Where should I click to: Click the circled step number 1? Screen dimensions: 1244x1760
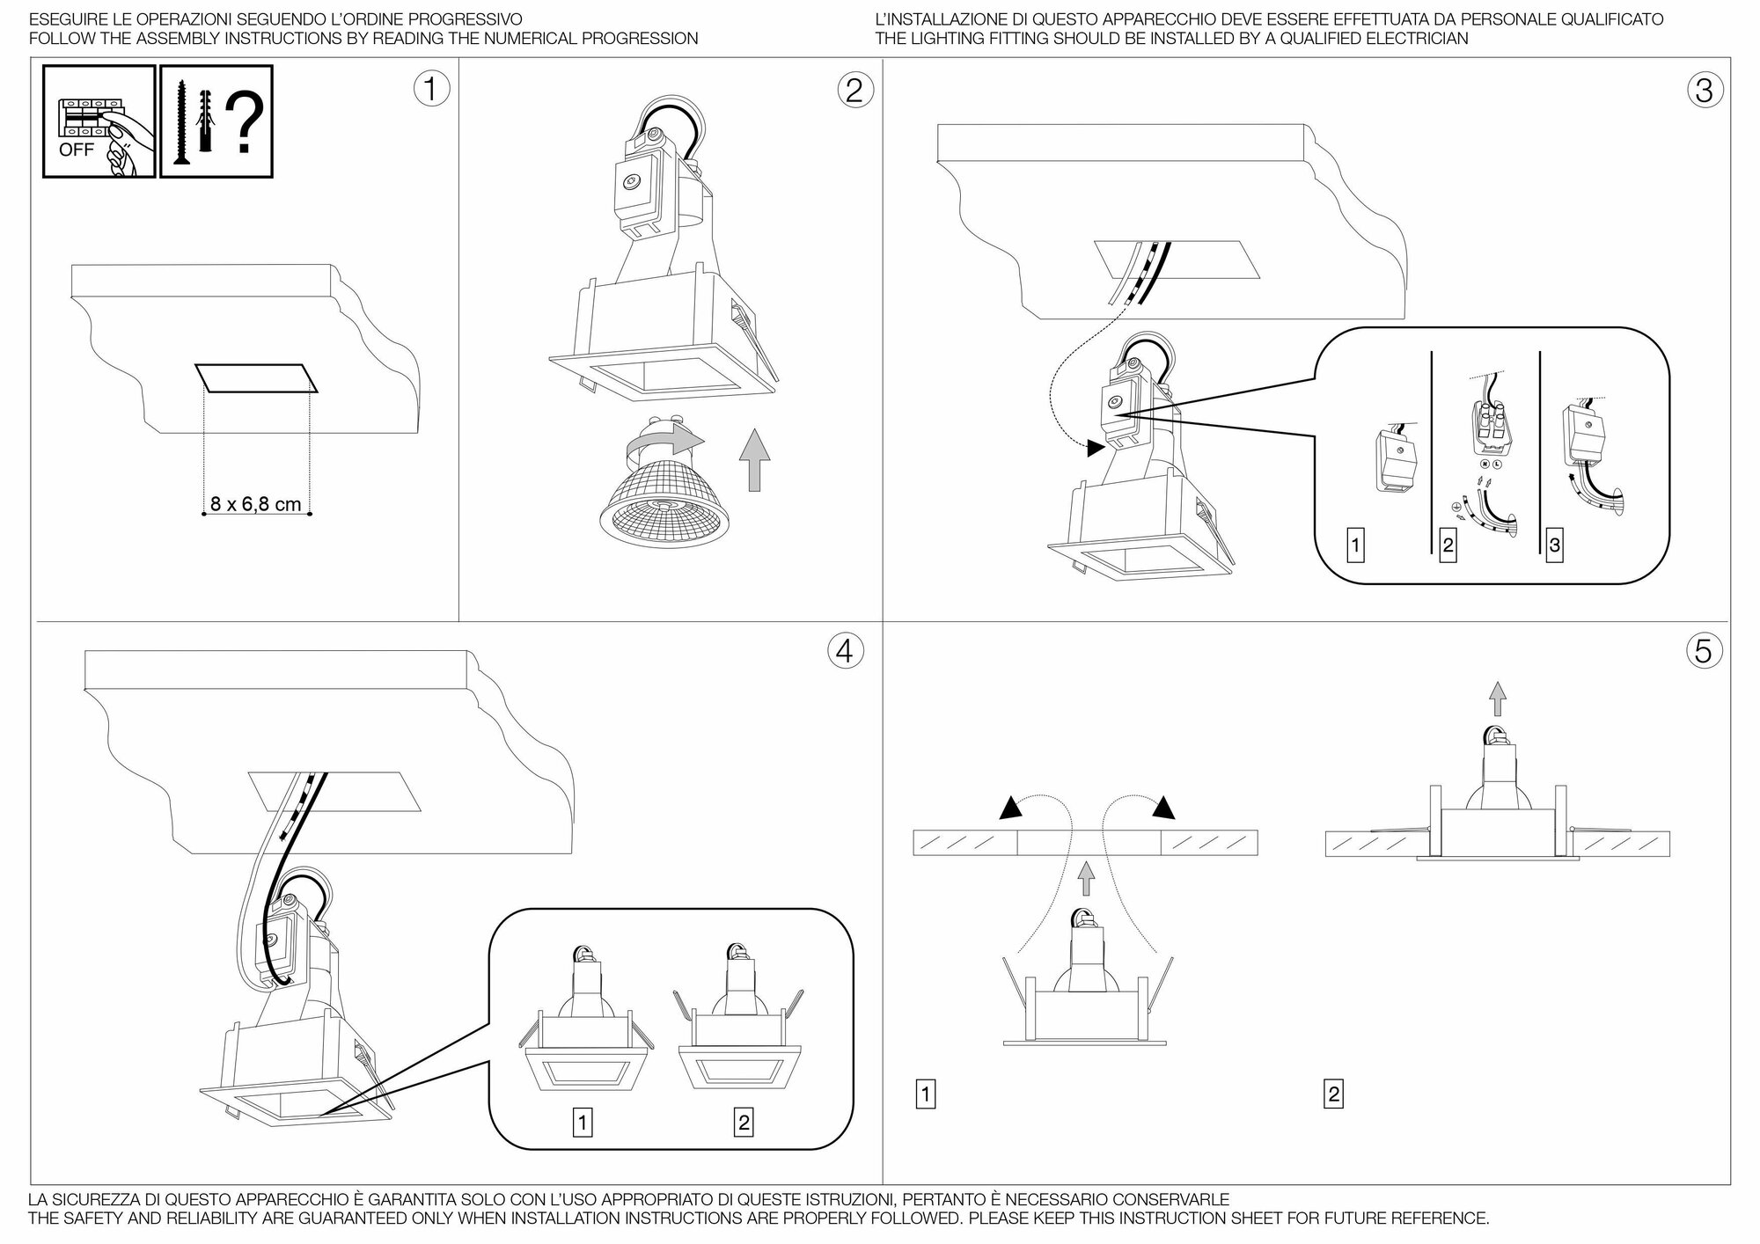431,89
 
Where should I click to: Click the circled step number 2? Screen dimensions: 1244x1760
854,89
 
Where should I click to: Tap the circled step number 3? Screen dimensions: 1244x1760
1704,90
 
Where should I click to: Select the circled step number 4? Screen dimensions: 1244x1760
845,651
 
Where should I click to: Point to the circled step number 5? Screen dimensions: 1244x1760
1704,651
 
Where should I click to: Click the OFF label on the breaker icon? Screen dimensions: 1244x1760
76,150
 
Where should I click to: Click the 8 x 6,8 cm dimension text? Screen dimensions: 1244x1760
255,505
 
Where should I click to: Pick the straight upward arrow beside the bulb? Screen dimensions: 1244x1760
753,458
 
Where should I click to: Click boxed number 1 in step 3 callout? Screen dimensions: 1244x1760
1355,545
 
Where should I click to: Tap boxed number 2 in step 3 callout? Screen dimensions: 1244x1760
1448,545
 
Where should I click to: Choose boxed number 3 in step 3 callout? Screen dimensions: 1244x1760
1555,545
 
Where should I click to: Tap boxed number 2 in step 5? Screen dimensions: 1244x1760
1333,1094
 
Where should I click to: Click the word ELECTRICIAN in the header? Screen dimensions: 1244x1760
1413,39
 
